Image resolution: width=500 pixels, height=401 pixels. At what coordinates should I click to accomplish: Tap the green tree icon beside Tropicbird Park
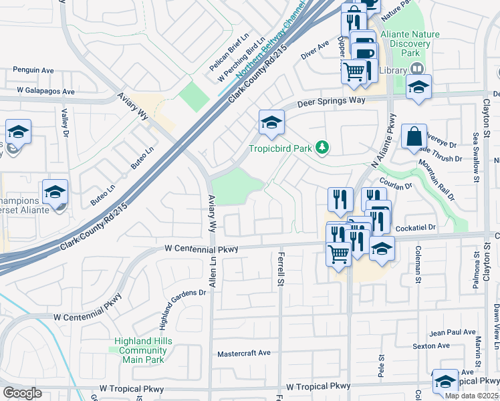click(x=323, y=147)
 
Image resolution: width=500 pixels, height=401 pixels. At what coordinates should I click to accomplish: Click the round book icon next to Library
click(x=418, y=69)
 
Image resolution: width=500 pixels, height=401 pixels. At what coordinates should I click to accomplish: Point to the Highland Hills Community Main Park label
click(x=143, y=350)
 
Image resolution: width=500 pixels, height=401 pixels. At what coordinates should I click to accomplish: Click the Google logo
click(x=22, y=392)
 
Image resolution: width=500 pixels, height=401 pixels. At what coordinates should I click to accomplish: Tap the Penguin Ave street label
click(x=33, y=70)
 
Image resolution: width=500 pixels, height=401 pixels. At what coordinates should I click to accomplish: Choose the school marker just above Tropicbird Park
click(x=271, y=122)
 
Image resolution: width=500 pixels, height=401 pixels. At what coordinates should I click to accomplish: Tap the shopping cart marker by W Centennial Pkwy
click(x=339, y=253)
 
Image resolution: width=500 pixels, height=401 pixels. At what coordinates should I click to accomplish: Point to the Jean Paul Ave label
click(x=453, y=332)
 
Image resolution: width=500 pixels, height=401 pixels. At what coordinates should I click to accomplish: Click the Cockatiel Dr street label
click(x=415, y=228)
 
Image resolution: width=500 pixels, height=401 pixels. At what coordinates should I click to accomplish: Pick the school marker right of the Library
click(x=418, y=87)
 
